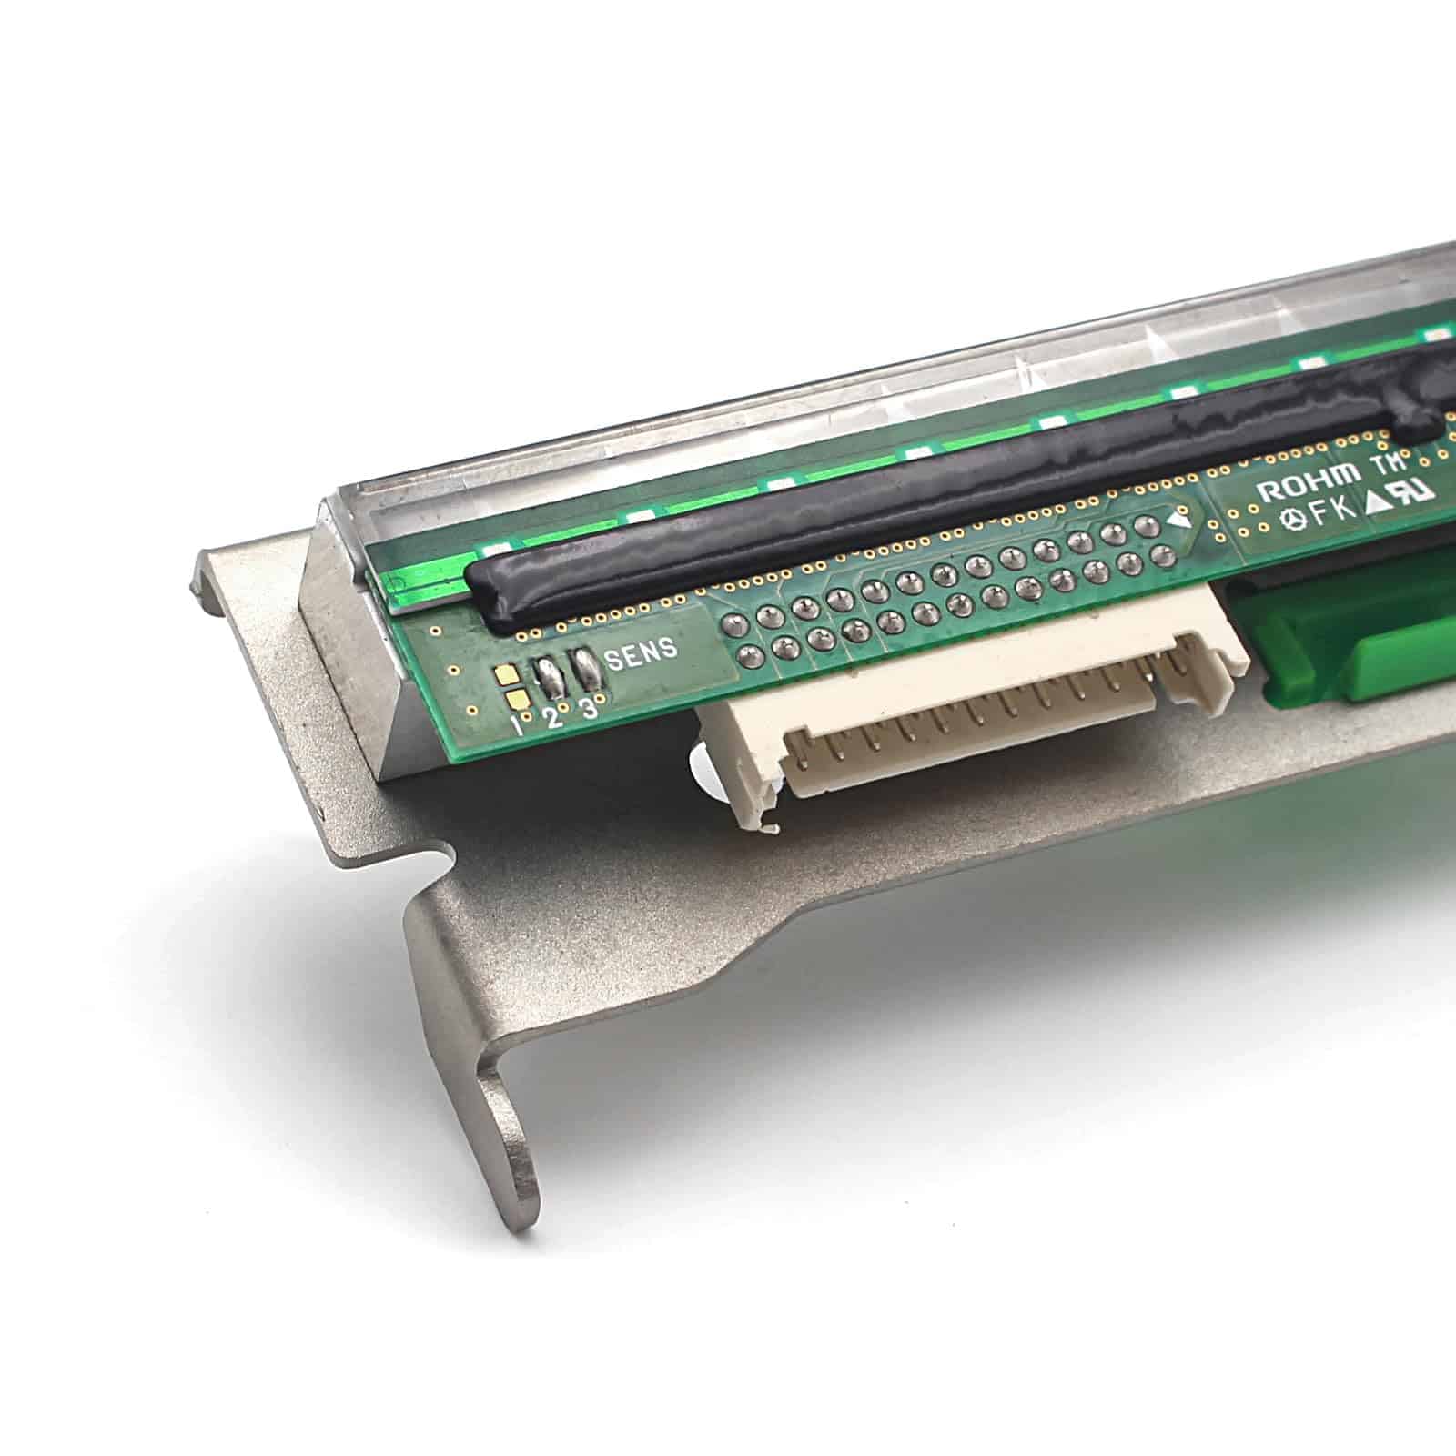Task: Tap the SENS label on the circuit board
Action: [x=642, y=652]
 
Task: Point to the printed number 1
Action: [x=516, y=726]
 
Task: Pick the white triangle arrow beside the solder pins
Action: [x=1180, y=521]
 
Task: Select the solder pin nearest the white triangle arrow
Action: [x=1148, y=525]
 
